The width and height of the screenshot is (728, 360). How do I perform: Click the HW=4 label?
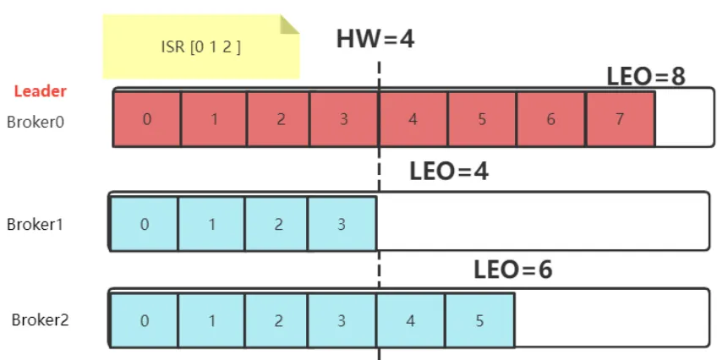point(375,39)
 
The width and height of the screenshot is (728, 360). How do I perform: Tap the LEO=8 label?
point(646,77)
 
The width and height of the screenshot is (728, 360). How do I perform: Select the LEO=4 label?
point(449,172)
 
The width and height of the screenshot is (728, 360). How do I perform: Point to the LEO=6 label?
point(513,270)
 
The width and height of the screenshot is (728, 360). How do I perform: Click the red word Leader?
point(41,91)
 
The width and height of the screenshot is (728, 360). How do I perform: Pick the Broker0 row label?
point(36,122)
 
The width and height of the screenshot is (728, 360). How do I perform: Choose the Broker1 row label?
point(35,225)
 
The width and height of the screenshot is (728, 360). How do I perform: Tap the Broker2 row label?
point(40,320)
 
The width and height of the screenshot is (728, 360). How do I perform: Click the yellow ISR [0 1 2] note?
point(201,46)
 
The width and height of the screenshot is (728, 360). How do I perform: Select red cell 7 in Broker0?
point(621,119)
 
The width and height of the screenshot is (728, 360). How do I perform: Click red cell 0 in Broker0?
point(147,119)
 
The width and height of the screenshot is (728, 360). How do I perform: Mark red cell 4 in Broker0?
point(413,119)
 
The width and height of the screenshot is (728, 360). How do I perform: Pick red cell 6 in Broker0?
point(551,119)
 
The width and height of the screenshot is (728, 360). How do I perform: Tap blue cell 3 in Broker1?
point(342,224)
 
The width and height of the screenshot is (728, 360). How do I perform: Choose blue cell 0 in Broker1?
point(144,224)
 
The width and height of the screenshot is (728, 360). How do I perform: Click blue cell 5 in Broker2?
point(479,320)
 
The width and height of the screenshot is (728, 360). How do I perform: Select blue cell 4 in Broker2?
point(411,320)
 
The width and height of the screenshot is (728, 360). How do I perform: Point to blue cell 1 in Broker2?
point(211,320)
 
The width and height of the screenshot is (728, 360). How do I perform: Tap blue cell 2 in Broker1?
point(276,224)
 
